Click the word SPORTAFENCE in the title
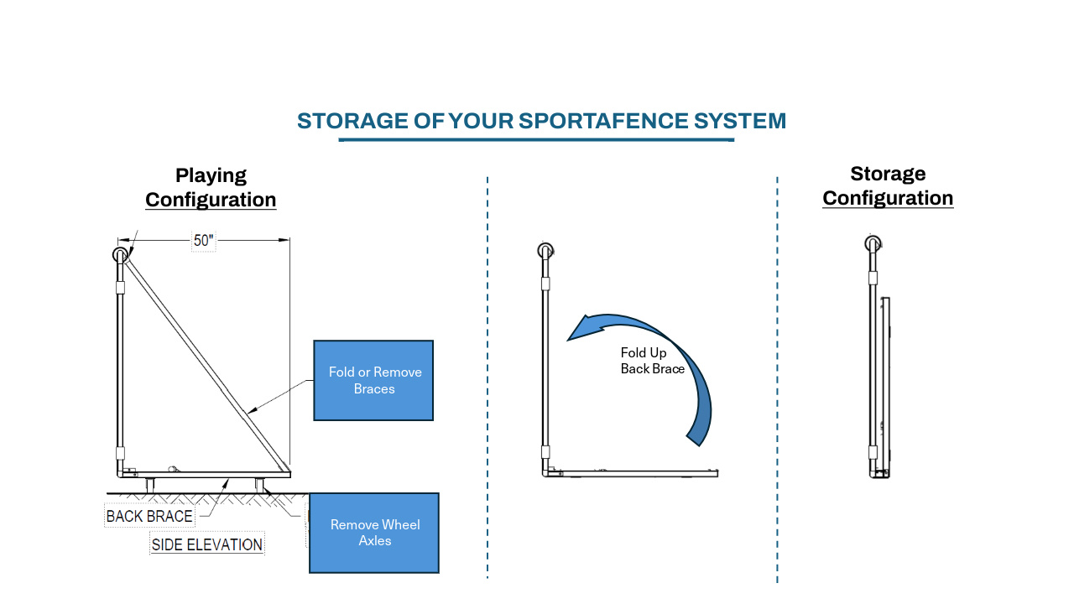[x=603, y=121]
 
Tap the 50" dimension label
[x=203, y=240]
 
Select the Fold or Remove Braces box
[x=373, y=381]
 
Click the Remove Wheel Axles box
[x=374, y=533]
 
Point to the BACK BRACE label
[x=149, y=516]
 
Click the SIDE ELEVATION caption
[x=207, y=544]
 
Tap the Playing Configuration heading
[x=211, y=187]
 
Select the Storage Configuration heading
[x=888, y=185]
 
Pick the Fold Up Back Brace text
[x=653, y=361]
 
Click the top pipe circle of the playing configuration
[x=120, y=254]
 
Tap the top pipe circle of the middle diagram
[x=545, y=250]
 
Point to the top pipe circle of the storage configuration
[x=873, y=243]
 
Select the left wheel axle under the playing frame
[x=150, y=485]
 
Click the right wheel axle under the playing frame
[x=259, y=485]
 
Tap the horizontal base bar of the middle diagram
[x=631, y=473]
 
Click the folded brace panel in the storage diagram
[x=886, y=387]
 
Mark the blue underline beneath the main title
[x=536, y=140]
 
